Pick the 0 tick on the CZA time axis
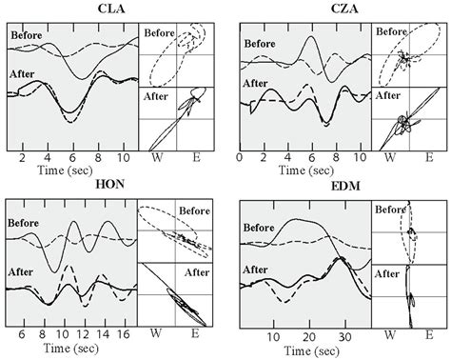[240, 156]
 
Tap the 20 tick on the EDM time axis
[307, 336]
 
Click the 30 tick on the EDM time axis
[343, 336]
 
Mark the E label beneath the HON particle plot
[194, 336]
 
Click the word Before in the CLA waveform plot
[29, 37]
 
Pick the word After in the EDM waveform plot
[255, 270]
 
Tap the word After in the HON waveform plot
[24, 270]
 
